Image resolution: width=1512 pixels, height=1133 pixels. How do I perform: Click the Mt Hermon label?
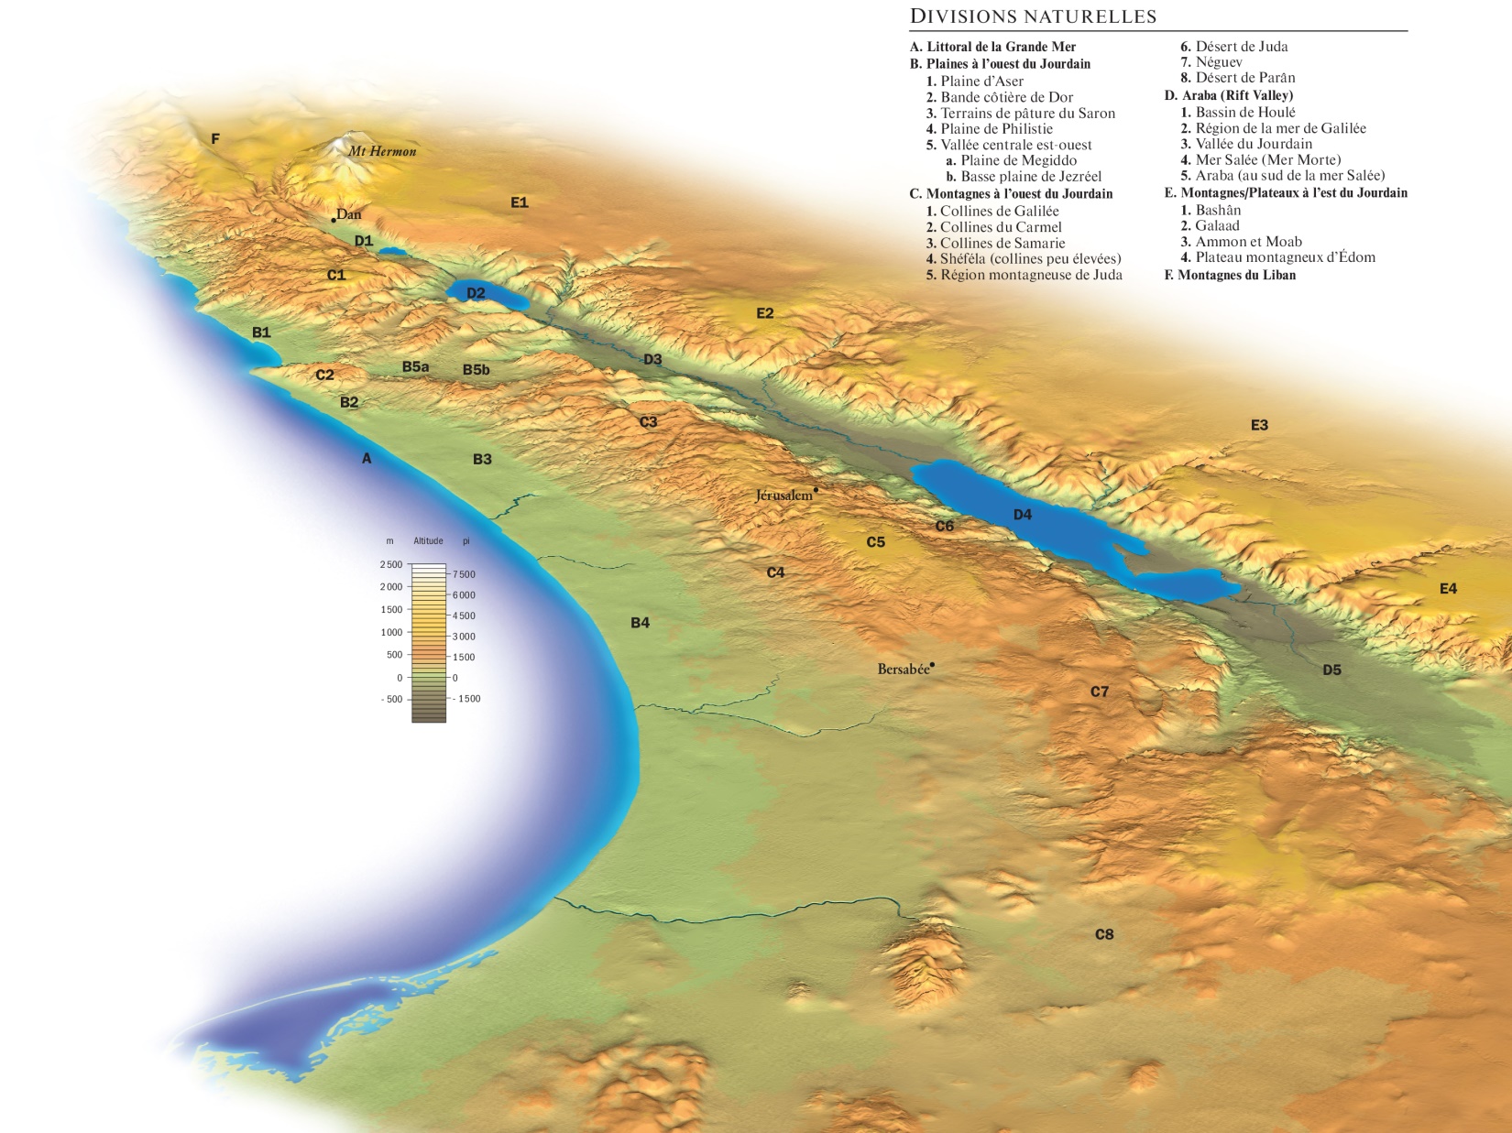382,151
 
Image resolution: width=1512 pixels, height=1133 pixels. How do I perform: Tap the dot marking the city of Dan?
334,221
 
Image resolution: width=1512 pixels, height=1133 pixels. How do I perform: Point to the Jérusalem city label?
783,496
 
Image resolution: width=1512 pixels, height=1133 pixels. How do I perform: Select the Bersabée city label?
903,670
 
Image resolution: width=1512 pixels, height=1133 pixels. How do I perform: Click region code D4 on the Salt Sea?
1023,515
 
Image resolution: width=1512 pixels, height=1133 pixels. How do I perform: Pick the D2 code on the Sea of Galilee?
476,293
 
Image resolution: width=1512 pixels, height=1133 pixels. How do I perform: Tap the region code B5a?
415,366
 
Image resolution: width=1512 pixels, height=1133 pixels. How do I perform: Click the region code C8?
1104,934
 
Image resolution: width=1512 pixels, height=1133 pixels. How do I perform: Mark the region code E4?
1448,589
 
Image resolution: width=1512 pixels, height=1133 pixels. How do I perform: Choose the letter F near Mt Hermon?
215,139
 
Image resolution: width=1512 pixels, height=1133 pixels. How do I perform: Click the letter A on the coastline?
367,458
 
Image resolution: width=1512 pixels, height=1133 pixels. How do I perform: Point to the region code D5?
1331,670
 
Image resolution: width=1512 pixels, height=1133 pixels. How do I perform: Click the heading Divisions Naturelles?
1033,16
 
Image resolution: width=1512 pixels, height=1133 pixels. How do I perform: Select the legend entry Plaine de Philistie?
996,129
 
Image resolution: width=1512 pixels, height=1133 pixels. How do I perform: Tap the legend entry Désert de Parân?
1244,78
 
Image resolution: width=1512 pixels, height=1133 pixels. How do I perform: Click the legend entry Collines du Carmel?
1001,227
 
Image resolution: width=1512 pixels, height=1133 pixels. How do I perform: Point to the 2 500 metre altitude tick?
391,564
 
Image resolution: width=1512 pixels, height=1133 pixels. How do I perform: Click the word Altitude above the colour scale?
428,541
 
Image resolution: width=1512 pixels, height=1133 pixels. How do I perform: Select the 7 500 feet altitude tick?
464,574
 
